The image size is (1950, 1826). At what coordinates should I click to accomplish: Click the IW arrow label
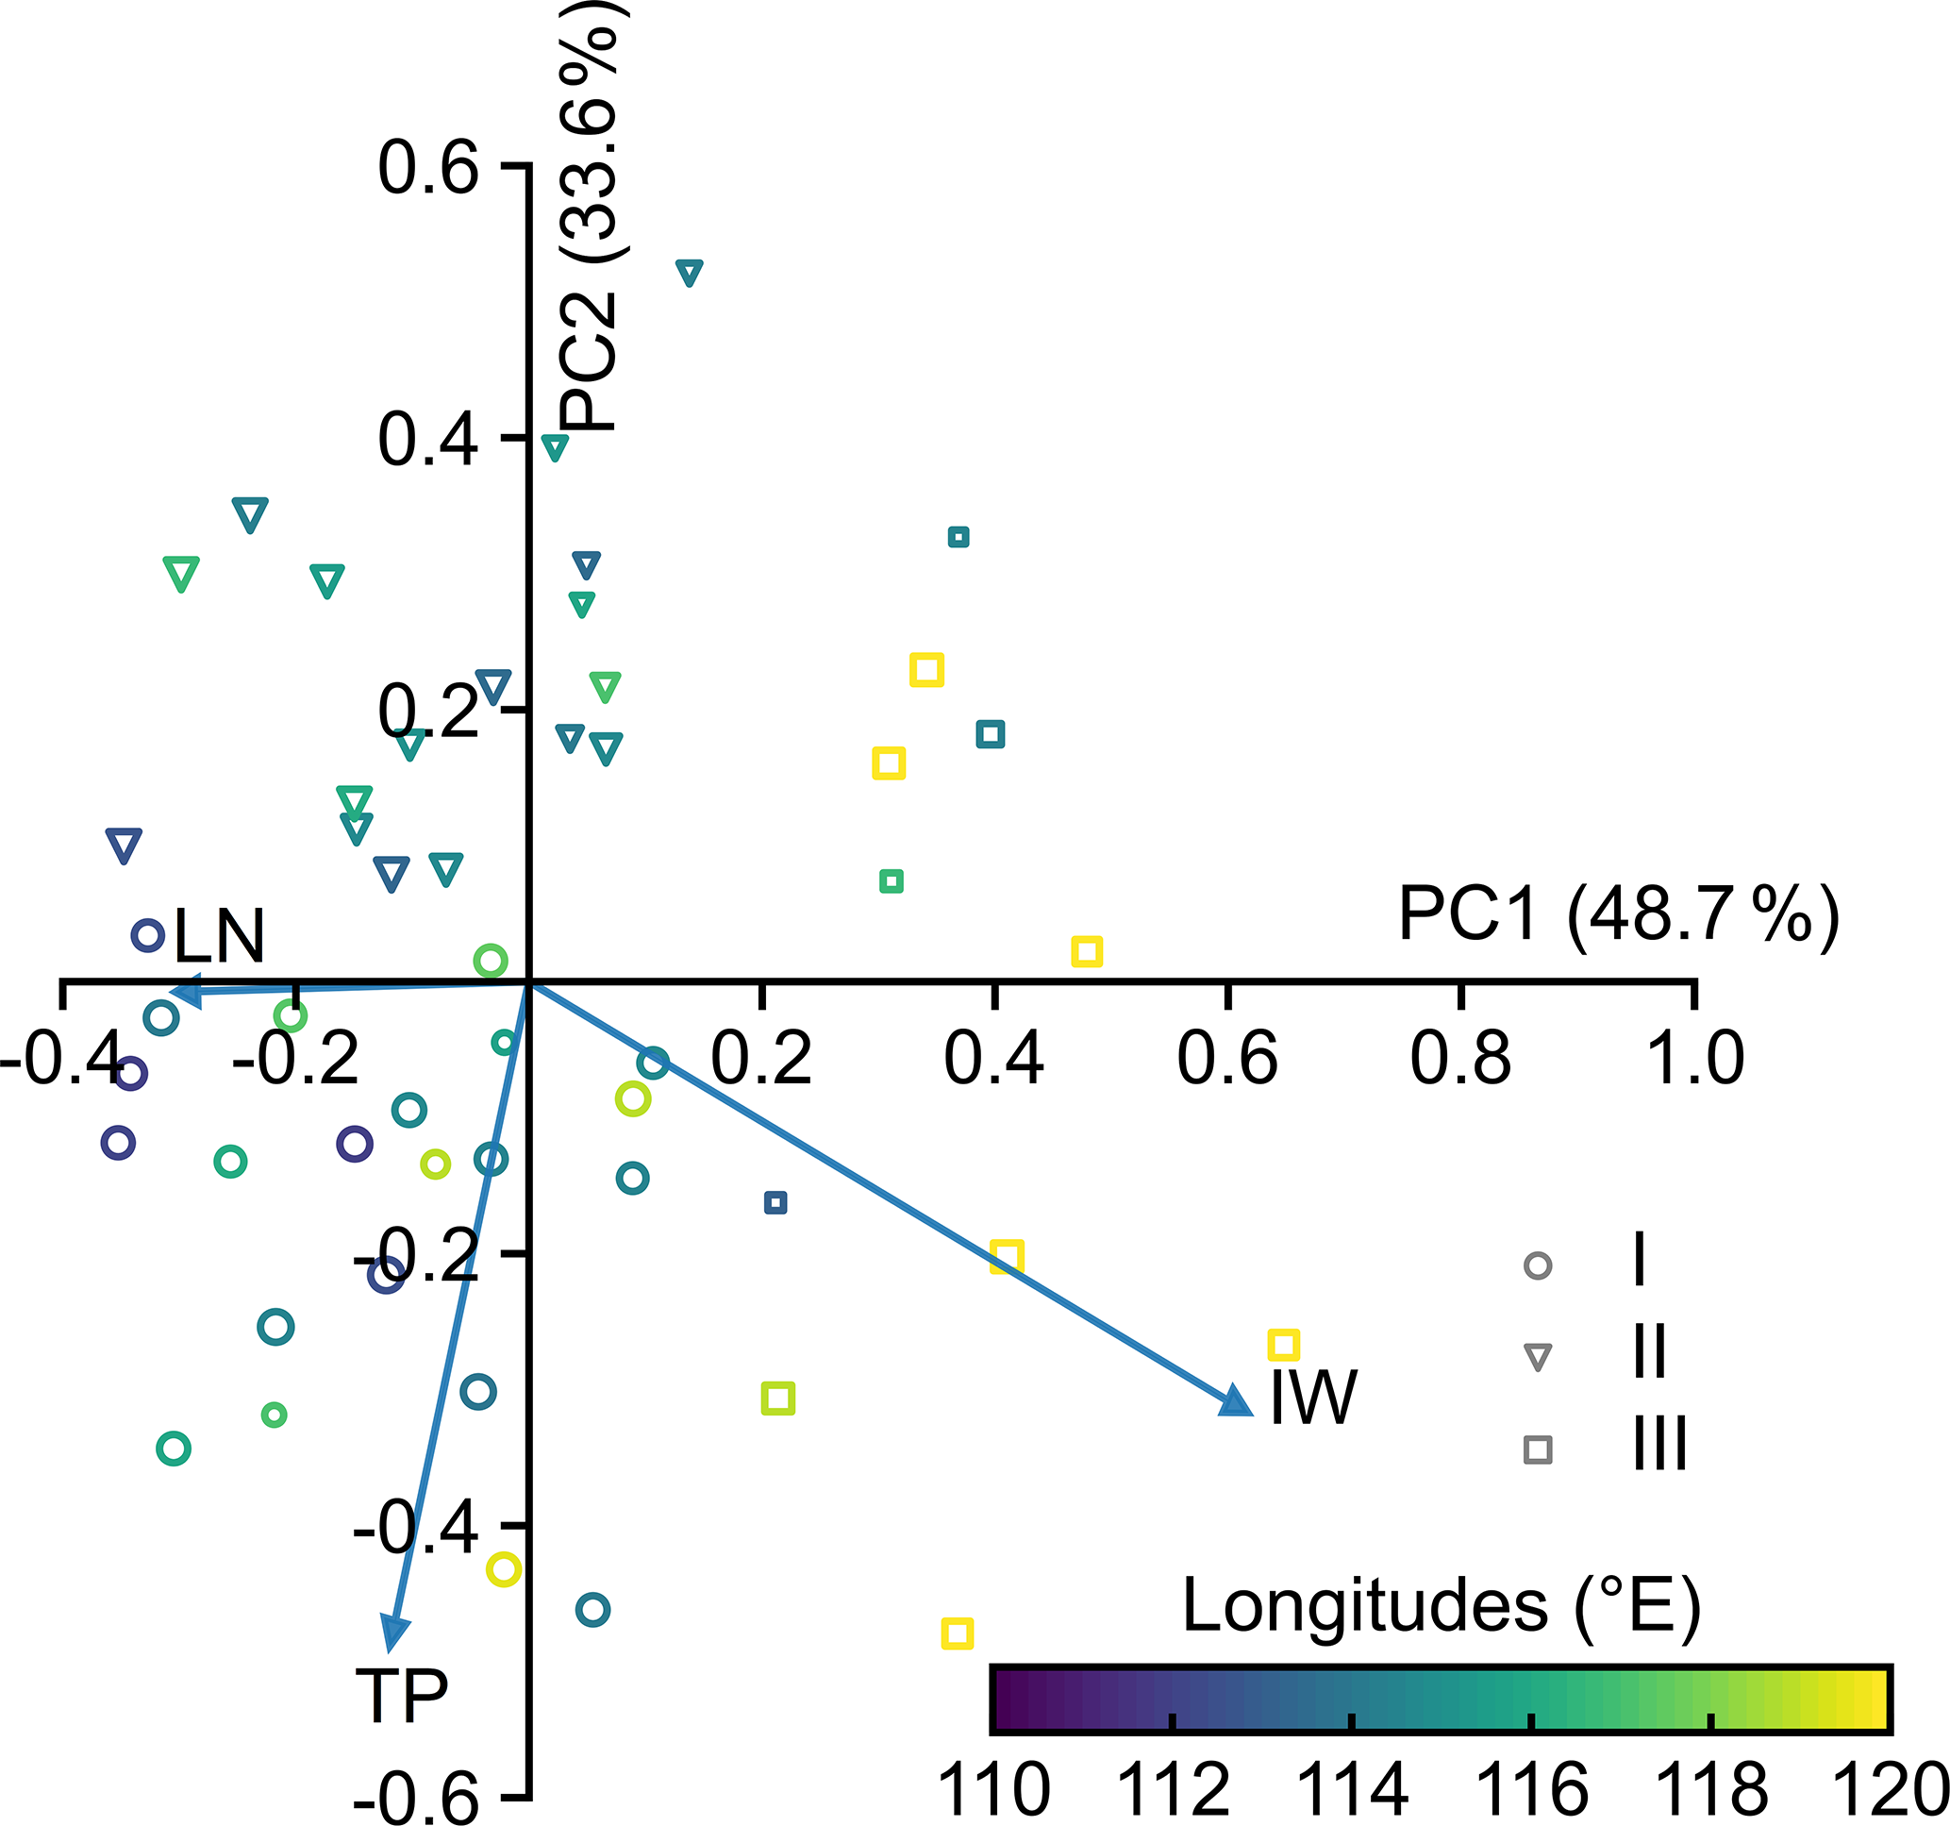[1312, 1399]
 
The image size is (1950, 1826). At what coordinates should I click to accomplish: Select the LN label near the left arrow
[219, 936]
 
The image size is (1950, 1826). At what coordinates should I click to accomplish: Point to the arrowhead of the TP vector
[394, 1633]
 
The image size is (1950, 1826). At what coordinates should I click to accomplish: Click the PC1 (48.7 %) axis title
[1619, 914]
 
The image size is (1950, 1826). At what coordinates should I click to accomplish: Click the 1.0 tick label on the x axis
[1695, 1060]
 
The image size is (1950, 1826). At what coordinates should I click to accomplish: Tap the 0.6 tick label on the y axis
[428, 168]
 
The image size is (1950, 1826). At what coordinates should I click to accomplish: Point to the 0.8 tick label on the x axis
[1460, 1060]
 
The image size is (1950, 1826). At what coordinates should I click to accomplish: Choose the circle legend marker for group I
[1538, 1265]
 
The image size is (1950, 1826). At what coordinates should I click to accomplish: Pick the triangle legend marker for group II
[1538, 1358]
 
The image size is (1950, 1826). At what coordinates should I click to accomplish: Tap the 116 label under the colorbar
[1532, 1790]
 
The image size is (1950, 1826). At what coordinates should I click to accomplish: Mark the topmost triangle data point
[690, 273]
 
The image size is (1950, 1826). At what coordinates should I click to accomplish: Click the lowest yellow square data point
[958, 1633]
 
